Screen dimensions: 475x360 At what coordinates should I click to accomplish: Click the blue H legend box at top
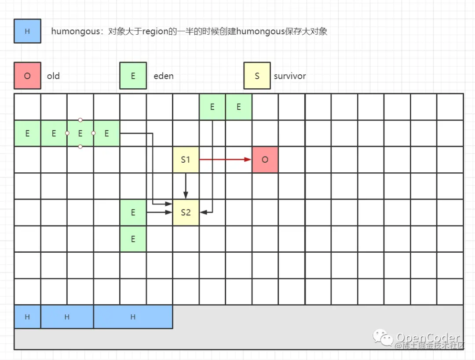[x=27, y=31]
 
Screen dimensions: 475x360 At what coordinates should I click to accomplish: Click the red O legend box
[x=27, y=76]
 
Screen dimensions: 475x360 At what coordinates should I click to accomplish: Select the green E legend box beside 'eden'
[x=133, y=76]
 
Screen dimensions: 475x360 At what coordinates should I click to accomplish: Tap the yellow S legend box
[x=257, y=76]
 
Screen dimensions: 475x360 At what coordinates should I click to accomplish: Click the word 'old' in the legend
[x=53, y=76]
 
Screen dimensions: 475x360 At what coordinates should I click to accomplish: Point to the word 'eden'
[x=163, y=76]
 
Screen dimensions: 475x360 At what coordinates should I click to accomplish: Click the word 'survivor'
[x=289, y=76]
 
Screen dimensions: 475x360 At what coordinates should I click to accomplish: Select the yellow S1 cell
[x=186, y=160]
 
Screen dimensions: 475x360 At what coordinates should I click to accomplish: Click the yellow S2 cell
[x=186, y=212]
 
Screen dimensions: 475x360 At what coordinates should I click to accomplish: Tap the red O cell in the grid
[x=265, y=160]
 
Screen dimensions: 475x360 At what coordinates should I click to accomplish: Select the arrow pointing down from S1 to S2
[x=186, y=185]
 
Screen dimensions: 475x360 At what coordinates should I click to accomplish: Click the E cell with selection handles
[x=80, y=133]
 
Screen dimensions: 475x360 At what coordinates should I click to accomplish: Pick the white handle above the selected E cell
[x=80, y=120]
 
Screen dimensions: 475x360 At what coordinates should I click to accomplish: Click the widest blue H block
[x=133, y=317]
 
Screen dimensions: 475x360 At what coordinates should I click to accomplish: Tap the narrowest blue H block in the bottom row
[x=27, y=317]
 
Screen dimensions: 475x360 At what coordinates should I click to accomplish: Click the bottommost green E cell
[x=133, y=239]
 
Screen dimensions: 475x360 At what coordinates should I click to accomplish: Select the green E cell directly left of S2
[x=133, y=212]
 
